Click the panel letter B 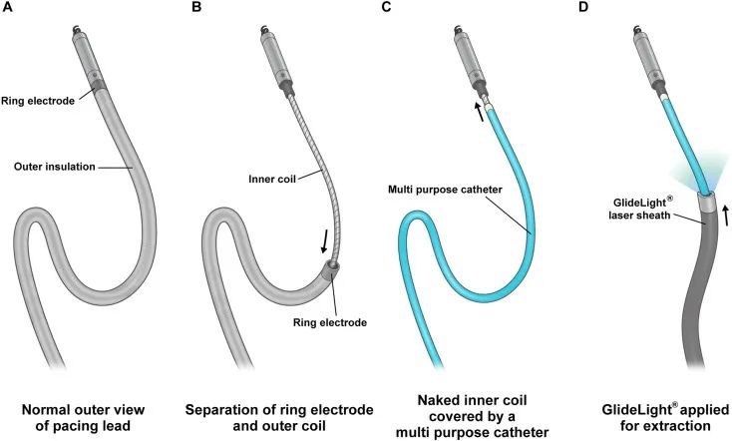click(196, 9)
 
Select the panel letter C click(385, 9)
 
